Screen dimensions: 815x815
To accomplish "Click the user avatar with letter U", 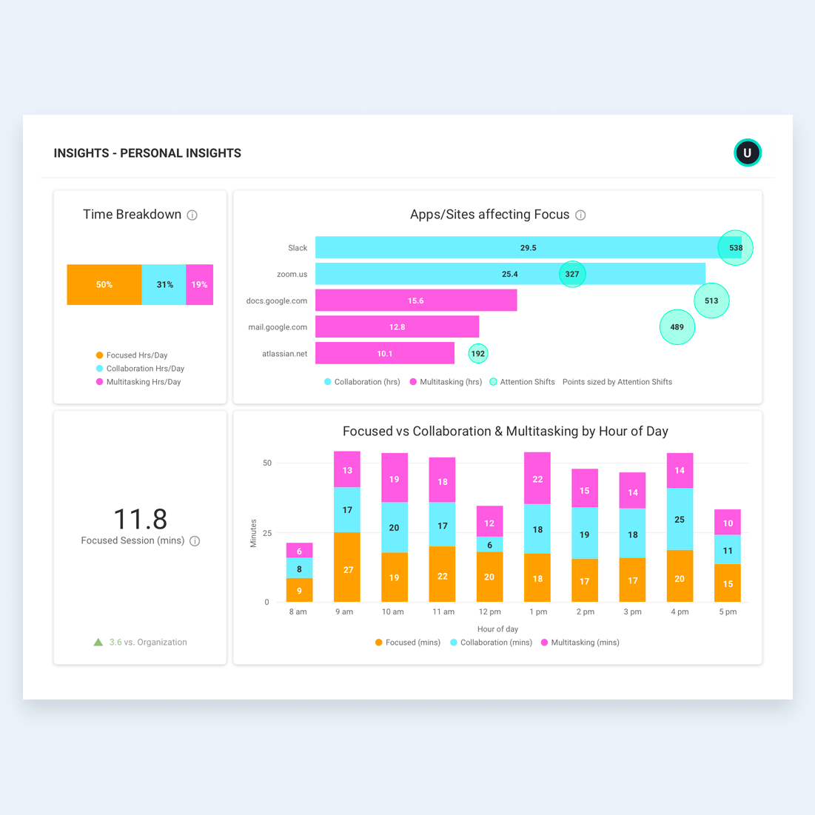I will point(747,152).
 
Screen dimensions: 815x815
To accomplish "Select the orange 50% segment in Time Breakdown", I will point(104,285).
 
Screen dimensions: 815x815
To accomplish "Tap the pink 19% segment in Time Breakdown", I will point(200,285).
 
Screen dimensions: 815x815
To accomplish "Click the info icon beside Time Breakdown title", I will point(192,215).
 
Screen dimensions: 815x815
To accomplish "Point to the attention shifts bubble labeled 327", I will point(572,274).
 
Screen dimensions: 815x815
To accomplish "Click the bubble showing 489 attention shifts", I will point(677,327).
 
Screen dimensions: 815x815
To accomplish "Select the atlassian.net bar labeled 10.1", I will point(385,354).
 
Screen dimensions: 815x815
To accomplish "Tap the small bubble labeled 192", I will point(478,354).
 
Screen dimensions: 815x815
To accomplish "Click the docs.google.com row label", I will point(277,301).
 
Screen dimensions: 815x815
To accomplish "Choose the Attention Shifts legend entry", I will point(522,382).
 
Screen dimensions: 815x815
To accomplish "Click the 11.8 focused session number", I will point(140,519).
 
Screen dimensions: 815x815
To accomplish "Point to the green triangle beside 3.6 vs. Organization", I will point(98,643).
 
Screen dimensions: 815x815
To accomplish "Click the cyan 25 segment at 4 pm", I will point(680,519).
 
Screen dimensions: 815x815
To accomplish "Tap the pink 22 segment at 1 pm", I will point(537,478).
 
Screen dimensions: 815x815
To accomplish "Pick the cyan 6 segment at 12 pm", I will point(489,544).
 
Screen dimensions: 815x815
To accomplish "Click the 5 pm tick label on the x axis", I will point(728,612).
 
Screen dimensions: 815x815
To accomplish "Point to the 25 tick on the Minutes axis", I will point(266,533).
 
